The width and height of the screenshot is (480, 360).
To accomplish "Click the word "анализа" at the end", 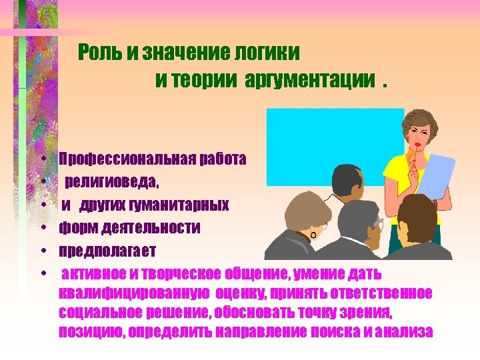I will click(x=405, y=332).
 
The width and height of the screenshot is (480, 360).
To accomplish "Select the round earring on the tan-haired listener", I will click(x=313, y=235).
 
